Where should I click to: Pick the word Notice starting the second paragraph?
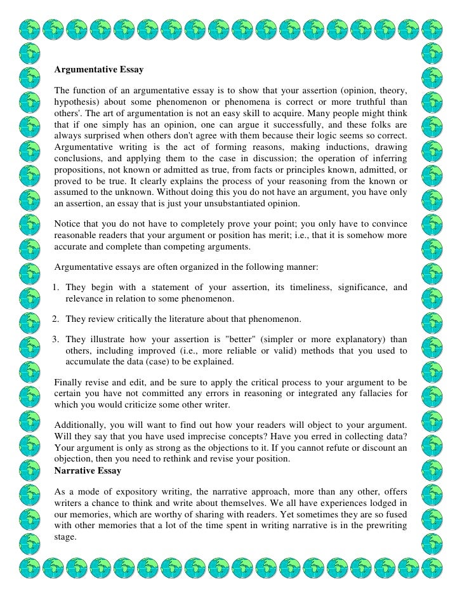69,224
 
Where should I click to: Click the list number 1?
56,287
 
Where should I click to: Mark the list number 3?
56,338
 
